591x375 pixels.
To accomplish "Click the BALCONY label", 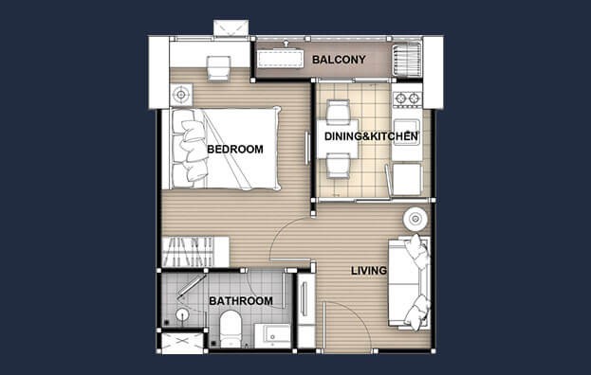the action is tap(339, 60).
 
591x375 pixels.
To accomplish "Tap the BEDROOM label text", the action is tap(235, 150).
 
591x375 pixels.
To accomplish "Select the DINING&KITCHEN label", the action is tap(371, 136).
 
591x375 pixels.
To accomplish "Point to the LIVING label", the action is tap(369, 271).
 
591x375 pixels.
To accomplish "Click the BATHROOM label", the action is tap(241, 301).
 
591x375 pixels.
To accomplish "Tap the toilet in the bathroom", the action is tap(230, 328).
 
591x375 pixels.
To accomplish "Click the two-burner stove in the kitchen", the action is tap(407, 98).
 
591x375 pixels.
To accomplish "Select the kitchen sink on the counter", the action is tap(406, 129).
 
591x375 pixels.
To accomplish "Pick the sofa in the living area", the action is tap(409, 282).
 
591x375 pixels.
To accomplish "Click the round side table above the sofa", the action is tap(416, 219).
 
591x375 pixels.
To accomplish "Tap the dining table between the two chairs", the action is tap(338, 139).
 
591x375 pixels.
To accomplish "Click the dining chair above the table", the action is tap(338, 112).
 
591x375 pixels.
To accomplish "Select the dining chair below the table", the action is tap(338, 166).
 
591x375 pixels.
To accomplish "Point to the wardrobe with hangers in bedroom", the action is tap(195, 252).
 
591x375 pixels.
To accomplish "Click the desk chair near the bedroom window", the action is tap(218, 68).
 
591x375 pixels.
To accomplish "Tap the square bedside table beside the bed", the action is tap(181, 95).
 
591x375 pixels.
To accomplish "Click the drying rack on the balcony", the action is tap(407, 60).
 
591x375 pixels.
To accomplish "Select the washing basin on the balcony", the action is tap(281, 59).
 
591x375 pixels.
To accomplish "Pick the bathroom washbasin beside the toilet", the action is tap(273, 335).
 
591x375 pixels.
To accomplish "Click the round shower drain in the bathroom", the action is tap(182, 313).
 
